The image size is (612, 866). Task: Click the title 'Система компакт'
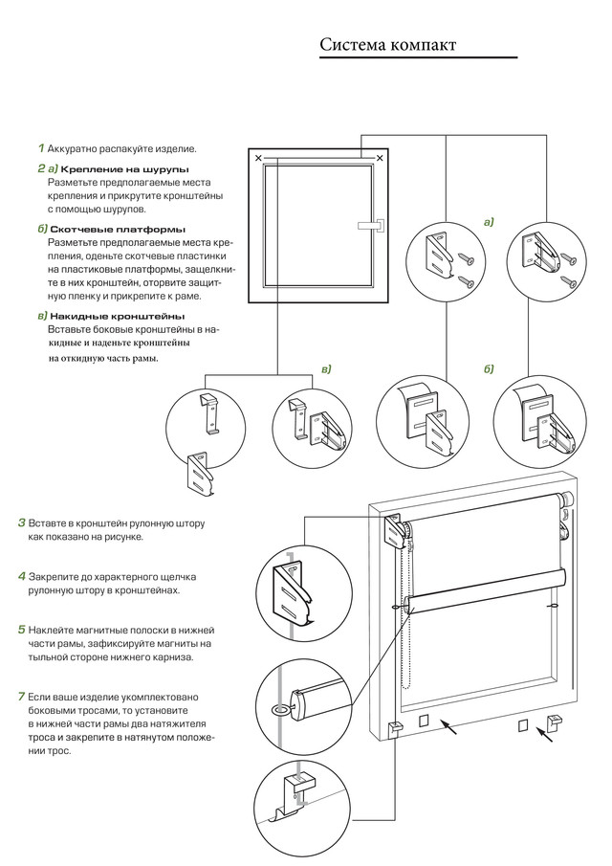tap(388, 45)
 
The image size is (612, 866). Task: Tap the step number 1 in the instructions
tap(41, 148)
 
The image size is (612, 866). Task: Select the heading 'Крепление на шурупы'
tap(124, 168)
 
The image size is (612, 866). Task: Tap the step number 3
tap(22, 523)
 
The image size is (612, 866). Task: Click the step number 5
tap(22, 630)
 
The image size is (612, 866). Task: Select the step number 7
tap(22, 695)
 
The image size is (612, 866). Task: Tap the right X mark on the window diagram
tap(381, 157)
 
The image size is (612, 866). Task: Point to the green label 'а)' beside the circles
tap(490, 222)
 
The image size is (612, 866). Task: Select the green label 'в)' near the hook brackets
tap(325, 368)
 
